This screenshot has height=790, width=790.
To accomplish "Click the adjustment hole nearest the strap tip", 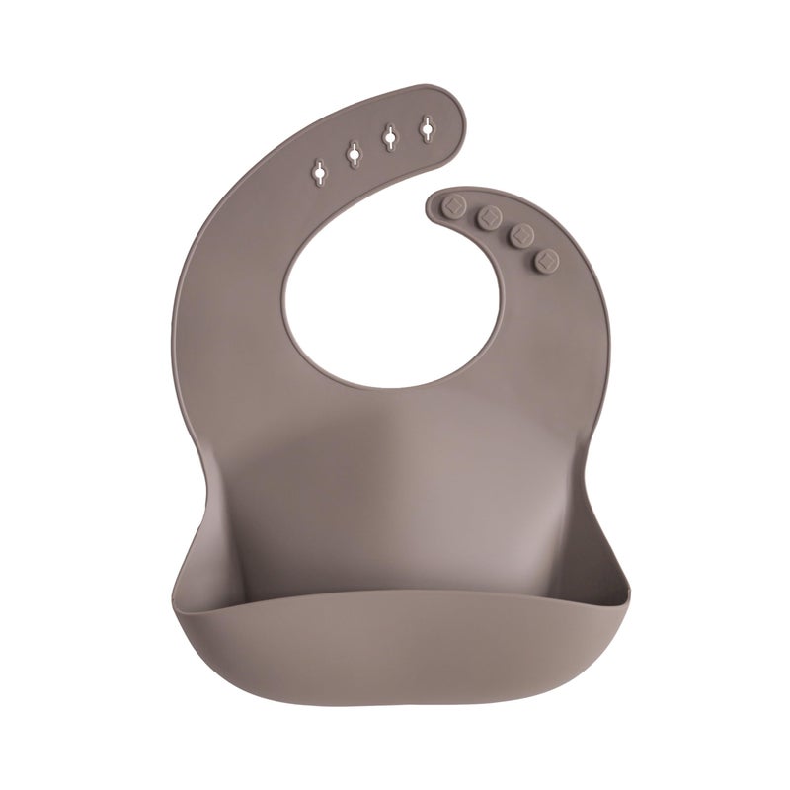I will pyautogui.click(x=427, y=128).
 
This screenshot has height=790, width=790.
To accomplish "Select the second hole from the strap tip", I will pyautogui.click(x=389, y=139).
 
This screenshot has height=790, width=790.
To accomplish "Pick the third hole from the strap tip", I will pyautogui.click(x=353, y=153).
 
